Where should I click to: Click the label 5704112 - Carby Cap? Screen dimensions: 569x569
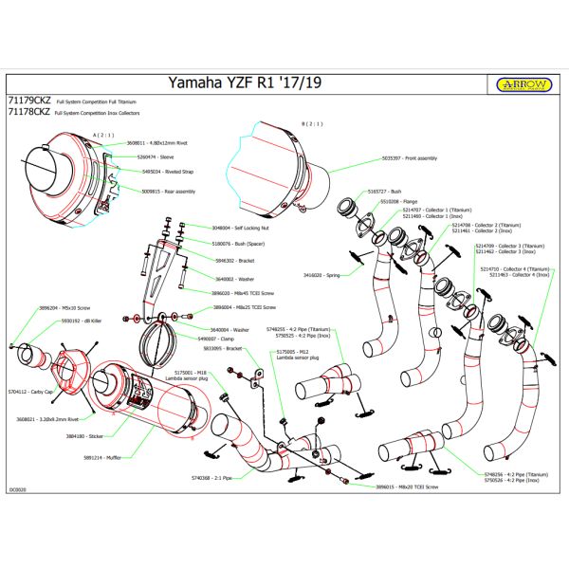coord(28,391)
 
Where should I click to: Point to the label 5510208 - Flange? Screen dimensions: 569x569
coord(398,202)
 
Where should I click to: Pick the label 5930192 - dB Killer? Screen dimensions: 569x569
coord(83,321)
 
